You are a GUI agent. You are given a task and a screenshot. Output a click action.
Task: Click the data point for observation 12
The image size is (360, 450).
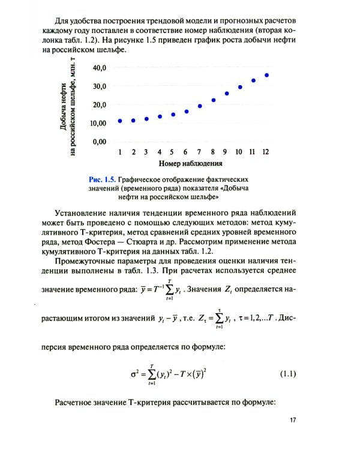coord(266,76)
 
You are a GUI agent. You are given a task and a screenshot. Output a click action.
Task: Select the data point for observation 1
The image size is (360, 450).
coord(120,121)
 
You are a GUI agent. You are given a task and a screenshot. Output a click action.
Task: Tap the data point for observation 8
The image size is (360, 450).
coord(214,100)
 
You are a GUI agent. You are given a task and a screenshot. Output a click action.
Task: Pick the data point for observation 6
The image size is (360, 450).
coord(187,112)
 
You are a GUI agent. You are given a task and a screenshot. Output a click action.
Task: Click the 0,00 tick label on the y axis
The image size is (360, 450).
coord(98,142)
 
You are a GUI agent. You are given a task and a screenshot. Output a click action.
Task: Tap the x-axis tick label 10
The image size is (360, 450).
coord(239,152)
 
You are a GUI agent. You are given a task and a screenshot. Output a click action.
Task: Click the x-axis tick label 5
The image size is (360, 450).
coord(173,152)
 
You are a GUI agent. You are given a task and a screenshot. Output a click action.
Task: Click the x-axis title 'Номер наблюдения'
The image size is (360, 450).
coord(191,163)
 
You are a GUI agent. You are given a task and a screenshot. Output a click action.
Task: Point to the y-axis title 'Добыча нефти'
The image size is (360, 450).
coord(63,106)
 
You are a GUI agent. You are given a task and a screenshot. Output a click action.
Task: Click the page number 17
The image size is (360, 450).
coord(292,420)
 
